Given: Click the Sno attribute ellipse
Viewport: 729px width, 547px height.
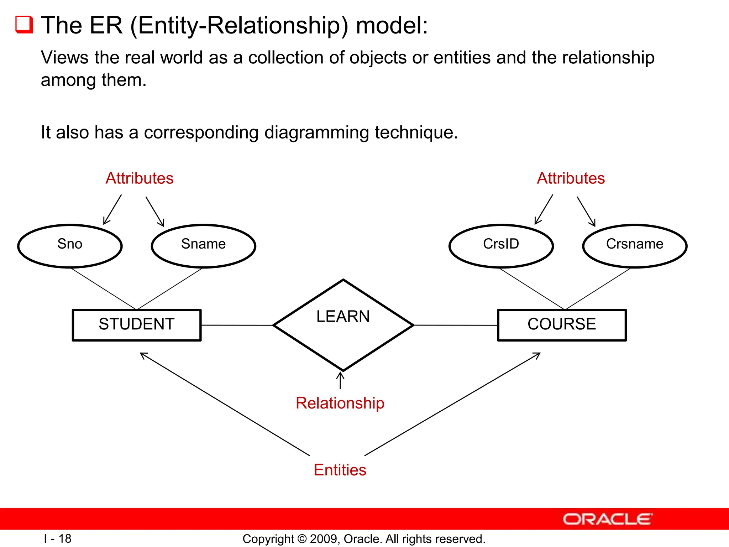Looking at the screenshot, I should (x=70, y=246).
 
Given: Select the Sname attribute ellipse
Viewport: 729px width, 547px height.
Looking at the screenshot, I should (x=203, y=246).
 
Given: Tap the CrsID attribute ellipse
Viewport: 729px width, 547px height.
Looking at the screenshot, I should (x=501, y=246).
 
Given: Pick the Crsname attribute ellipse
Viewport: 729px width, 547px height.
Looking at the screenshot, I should (x=635, y=246).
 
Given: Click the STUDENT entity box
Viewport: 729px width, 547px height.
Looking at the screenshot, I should (x=137, y=325).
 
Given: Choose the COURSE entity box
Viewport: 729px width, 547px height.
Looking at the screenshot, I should (x=562, y=325).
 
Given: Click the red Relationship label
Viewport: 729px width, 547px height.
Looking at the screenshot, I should (x=340, y=403).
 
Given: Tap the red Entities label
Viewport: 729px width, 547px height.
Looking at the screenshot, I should (x=340, y=470).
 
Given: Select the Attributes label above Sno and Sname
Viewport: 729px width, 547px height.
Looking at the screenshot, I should (x=140, y=178).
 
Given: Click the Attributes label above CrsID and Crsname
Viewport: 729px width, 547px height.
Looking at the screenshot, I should (x=571, y=178).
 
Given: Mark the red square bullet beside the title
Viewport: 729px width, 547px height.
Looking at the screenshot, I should (x=24, y=25).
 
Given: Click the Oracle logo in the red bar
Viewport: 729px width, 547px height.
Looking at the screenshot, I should (x=608, y=519).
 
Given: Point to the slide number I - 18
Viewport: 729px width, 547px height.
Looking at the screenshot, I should (x=58, y=538).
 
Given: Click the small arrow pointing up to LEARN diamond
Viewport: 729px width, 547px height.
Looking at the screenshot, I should (x=340, y=380).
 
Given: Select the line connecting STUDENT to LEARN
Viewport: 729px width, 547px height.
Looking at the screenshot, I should (x=237, y=325).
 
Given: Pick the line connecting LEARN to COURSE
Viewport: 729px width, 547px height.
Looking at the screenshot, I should (x=456, y=325).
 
